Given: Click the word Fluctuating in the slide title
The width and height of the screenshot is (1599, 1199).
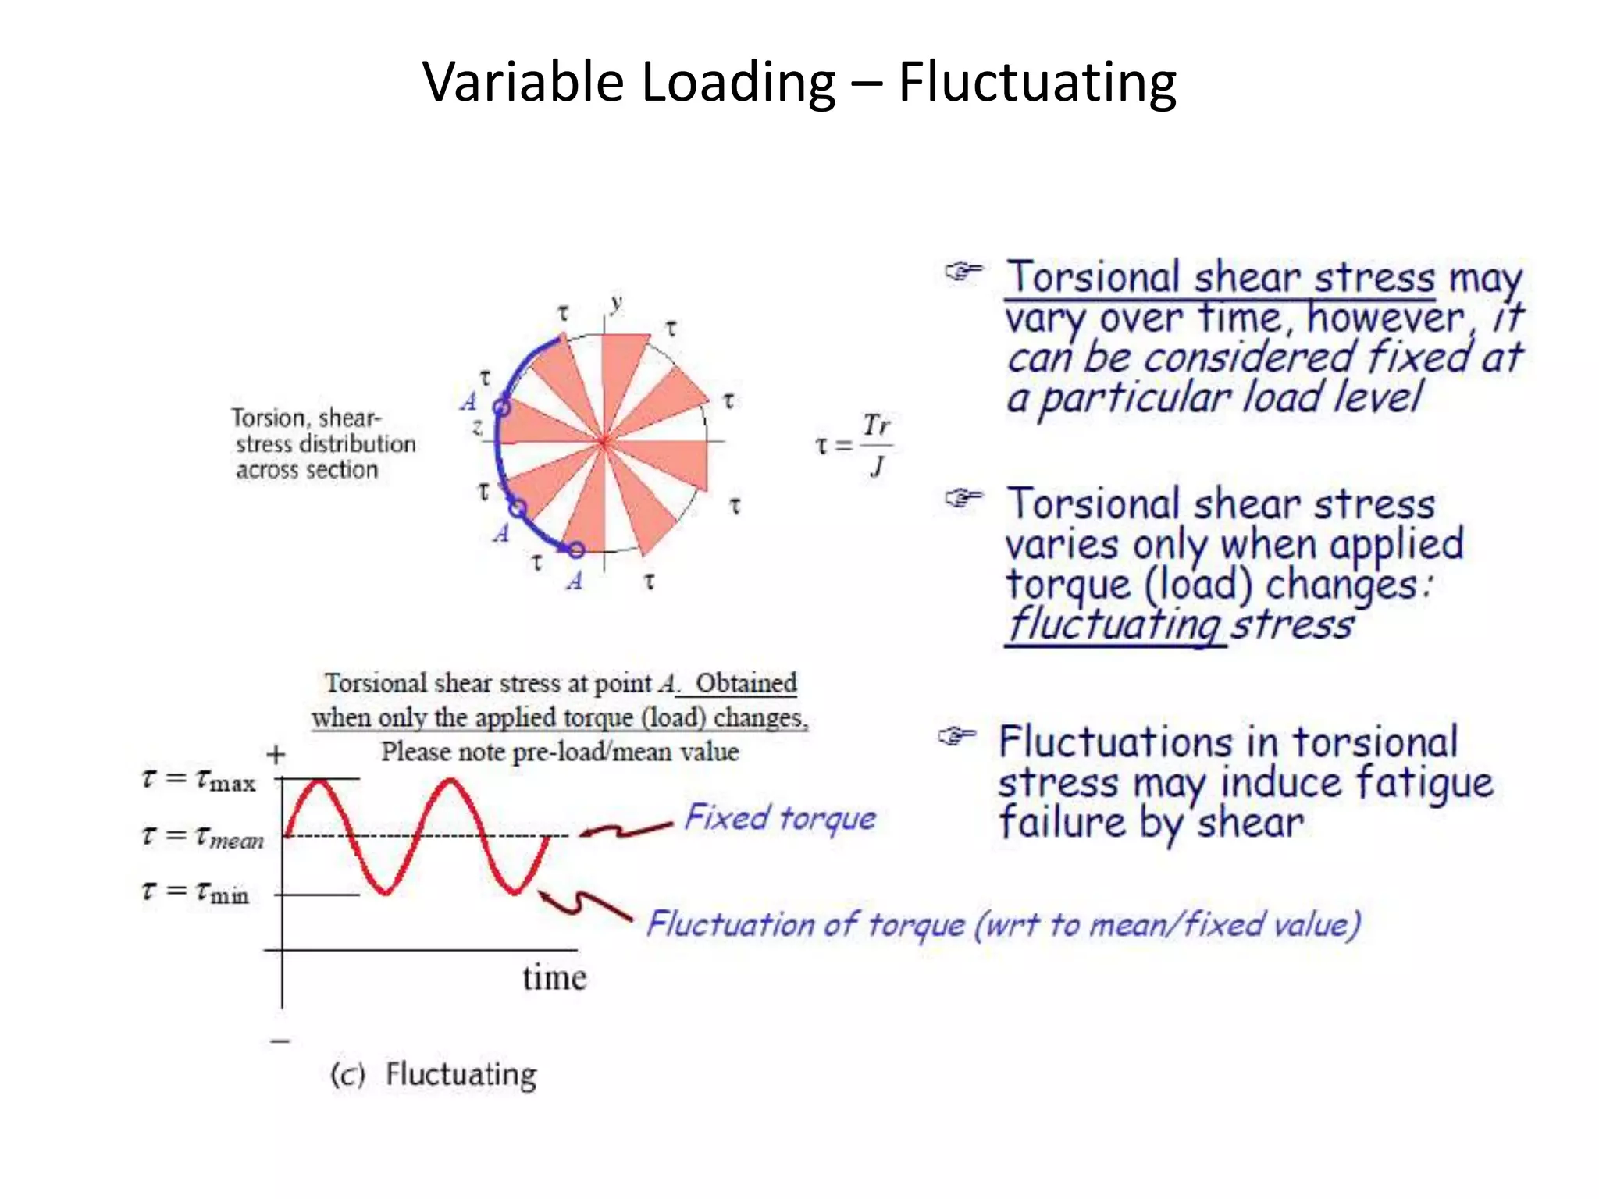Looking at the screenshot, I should [1037, 83].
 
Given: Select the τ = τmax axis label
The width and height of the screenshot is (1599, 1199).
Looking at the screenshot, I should [199, 780].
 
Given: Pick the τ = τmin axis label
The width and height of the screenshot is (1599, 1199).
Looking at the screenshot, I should [196, 891].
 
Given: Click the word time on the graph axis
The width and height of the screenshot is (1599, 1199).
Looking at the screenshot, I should [554, 977].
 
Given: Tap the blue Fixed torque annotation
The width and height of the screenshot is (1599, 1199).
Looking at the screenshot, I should [780, 818].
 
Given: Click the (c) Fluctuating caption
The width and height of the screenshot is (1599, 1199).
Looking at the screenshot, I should [434, 1074].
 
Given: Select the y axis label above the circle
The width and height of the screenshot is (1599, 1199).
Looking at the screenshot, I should [617, 303].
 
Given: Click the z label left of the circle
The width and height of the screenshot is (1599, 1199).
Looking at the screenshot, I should [477, 427].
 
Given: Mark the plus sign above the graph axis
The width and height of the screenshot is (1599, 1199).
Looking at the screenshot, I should [276, 755].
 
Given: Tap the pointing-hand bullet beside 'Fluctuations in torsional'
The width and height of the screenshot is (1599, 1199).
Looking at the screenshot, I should [957, 736].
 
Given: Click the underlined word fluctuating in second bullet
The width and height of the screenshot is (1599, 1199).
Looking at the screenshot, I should [1114, 625].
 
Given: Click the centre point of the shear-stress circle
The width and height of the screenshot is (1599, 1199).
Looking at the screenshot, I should [604, 442].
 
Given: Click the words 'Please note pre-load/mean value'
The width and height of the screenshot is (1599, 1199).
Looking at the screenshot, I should [560, 752].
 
